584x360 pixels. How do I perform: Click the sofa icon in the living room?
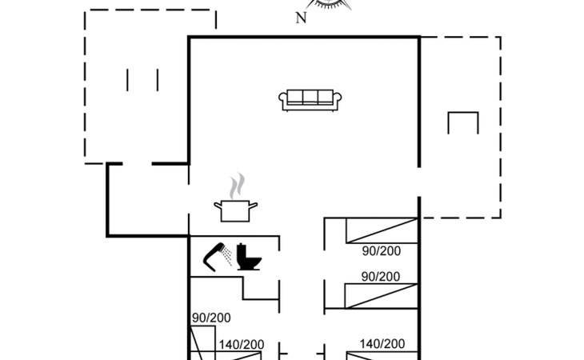tap(310, 101)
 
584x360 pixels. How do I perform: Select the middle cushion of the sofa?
tap(310, 96)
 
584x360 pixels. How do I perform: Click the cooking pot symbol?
tap(235, 210)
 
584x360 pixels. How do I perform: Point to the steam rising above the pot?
tap(238, 186)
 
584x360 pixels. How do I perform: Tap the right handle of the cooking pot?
tap(253, 205)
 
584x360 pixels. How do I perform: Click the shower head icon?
tap(217, 257)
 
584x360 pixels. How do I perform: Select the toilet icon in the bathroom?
tap(249, 257)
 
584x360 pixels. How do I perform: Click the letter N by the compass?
tap(301, 18)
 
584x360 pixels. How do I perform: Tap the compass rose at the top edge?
tap(328, 4)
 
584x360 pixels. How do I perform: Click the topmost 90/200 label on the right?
tap(382, 251)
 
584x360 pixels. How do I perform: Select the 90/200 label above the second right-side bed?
tap(381, 277)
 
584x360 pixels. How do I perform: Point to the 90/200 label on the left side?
tap(211, 318)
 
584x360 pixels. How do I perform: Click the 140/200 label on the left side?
tap(242, 345)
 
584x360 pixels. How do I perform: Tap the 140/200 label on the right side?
tap(382, 344)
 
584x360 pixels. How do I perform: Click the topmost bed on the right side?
tap(382, 231)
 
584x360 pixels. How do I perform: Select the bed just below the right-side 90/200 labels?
tap(381, 296)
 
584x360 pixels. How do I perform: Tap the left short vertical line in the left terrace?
tap(127, 80)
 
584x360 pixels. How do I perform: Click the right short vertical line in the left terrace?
tap(158, 80)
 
